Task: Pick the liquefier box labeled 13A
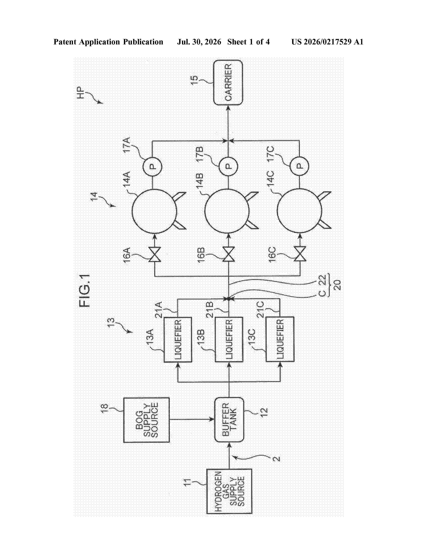pyautogui.click(x=178, y=340)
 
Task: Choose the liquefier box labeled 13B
pyautogui.click(x=229, y=340)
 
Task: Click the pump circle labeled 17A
pyautogui.click(x=152, y=166)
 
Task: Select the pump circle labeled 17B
pyautogui.click(x=228, y=166)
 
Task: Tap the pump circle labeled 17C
pyautogui.click(x=299, y=166)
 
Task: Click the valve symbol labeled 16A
pyautogui.click(x=154, y=254)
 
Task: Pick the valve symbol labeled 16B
pyautogui.click(x=229, y=254)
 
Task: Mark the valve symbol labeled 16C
pyautogui.click(x=300, y=254)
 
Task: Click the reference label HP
pyautogui.click(x=81, y=93)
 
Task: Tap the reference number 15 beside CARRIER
pyautogui.click(x=194, y=80)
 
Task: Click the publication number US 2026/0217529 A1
pyautogui.click(x=327, y=42)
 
